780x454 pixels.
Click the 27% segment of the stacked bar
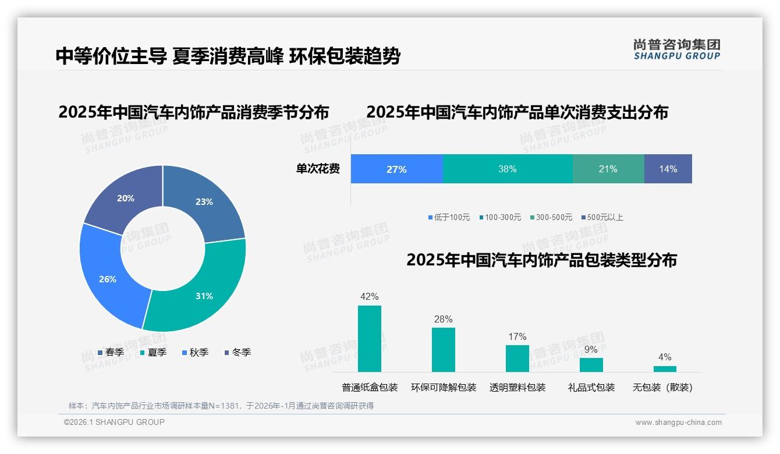point(396,169)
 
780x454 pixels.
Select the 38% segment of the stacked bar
point(508,169)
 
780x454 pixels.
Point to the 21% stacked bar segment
point(608,169)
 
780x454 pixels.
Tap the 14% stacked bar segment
point(668,169)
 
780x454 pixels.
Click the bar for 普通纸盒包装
point(370,339)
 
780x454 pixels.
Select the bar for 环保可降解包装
point(444,350)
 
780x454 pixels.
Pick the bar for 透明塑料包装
point(517,359)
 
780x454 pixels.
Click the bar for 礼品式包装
point(591,365)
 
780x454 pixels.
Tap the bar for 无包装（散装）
point(665,369)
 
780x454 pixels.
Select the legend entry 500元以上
point(602,217)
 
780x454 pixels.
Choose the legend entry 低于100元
point(449,217)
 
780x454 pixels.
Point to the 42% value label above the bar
point(370,297)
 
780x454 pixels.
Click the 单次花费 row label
point(318,169)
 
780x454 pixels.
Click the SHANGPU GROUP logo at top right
point(677,49)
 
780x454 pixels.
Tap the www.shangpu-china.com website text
point(678,423)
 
